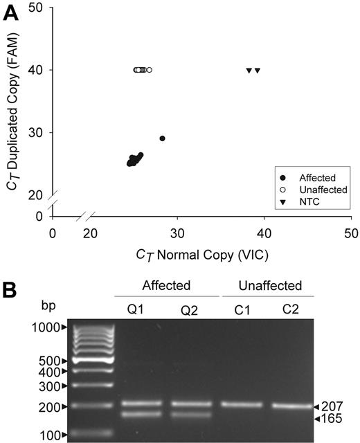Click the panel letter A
12,13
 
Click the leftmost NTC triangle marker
249,71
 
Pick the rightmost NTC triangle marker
258,71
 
